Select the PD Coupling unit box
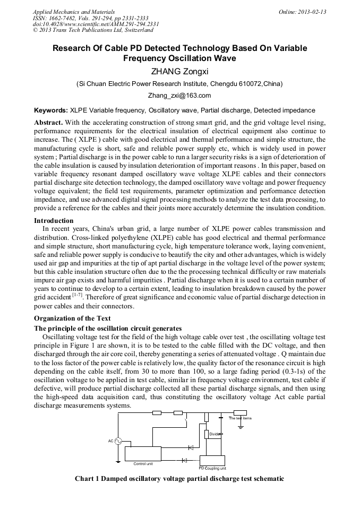tap(212, 460)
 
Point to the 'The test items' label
tap(240, 418)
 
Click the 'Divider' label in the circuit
tap(215, 434)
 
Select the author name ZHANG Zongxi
tap(179, 71)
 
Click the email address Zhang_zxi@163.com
tap(179, 96)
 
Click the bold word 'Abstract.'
tap(48, 122)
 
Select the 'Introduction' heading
tap(54, 220)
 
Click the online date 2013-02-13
tap(313, 12)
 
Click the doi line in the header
tap(96, 24)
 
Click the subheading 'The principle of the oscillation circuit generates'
tap(108, 329)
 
